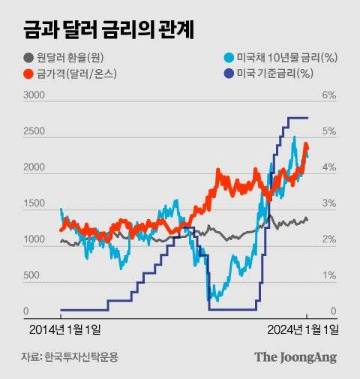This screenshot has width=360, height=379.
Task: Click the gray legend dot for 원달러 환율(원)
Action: pyautogui.click(x=28, y=58)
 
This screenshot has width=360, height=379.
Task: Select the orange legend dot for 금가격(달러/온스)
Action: pyautogui.click(x=28, y=73)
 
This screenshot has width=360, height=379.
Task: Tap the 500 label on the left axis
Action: pyautogui.click(x=31, y=275)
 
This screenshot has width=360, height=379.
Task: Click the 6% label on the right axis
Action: pyautogui.click(x=329, y=95)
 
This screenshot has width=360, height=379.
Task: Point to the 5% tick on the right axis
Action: pyautogui.click(x=329, y=131)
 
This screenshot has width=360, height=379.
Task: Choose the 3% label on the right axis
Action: pyautogui.click(x=329, y=203)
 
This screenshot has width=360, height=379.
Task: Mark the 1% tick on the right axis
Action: pyautogui.click(x=329, y=275)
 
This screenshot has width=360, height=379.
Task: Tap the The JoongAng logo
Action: pyautogui.click(x=295, y=357)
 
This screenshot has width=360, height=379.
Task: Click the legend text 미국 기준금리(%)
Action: pyautogui.click(x=274, y=73)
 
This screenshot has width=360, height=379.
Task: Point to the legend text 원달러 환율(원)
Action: pyautogui.click(x=74, y=58)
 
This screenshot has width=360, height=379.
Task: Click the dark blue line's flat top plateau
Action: pyautogui.click(x=297, y=118)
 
